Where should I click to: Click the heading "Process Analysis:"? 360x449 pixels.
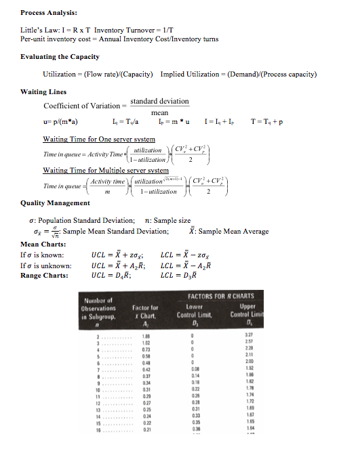click(x=48, y=12)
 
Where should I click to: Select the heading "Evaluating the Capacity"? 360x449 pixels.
click(x=59, y=57)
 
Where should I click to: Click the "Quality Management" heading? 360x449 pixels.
click(x=55, y=202)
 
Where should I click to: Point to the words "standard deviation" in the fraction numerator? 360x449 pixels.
click(x=159, y=101)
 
